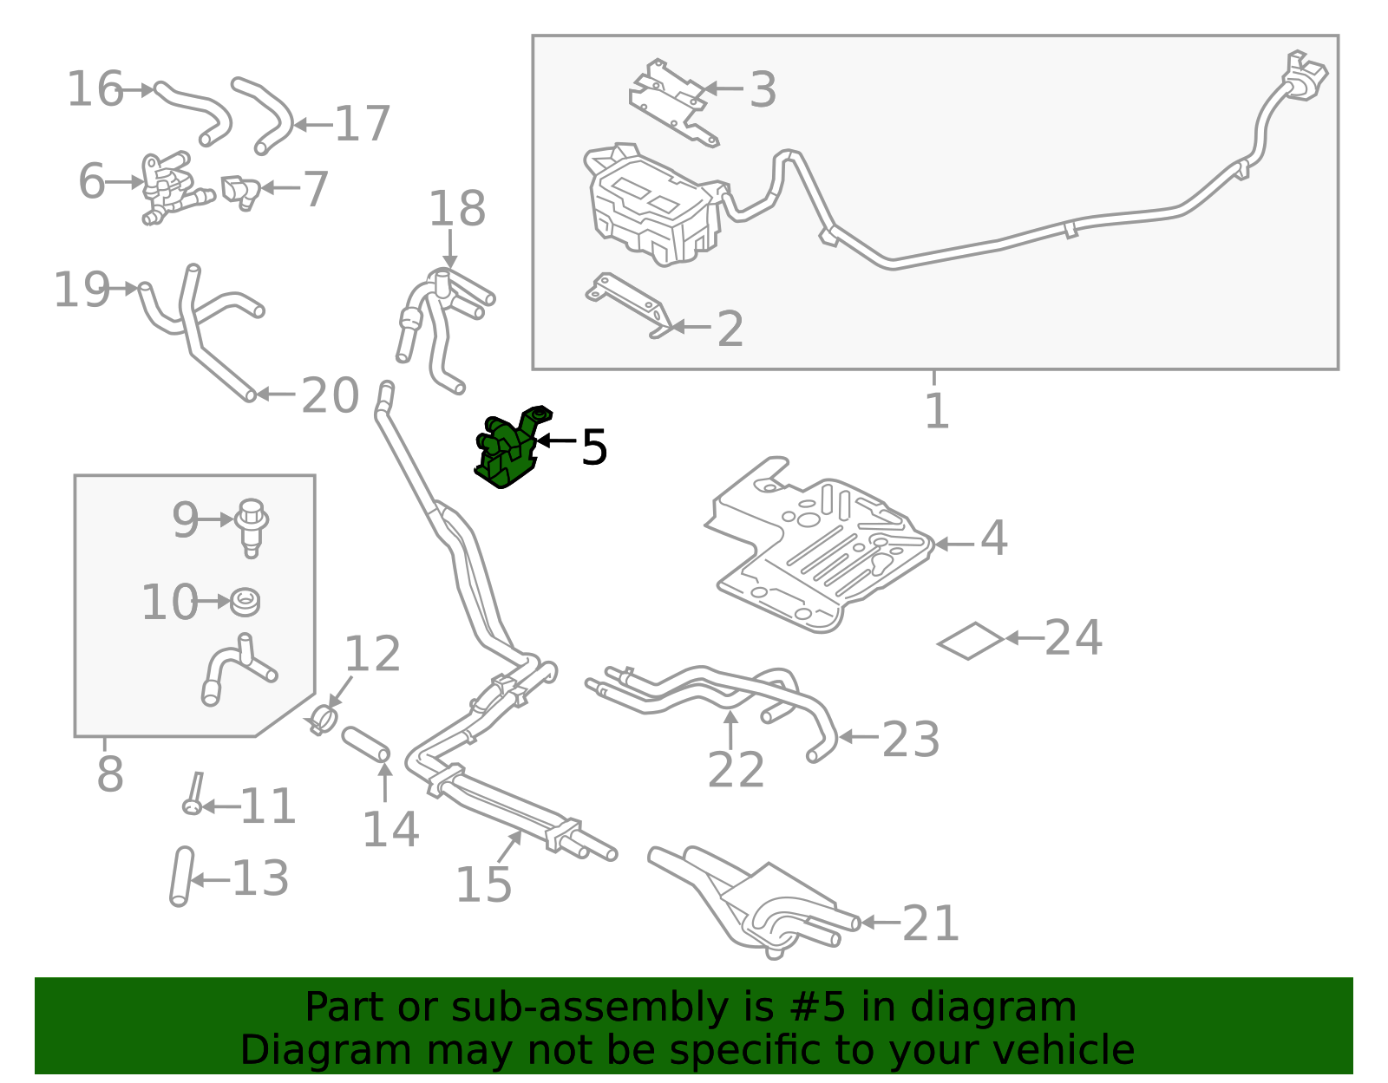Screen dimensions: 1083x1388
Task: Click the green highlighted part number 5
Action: pos(507,451)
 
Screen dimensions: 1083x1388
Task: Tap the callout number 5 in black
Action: pos(593,447)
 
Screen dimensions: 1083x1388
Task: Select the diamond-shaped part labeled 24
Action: pos(970,641)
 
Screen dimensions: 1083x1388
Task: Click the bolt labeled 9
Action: pos(251,525)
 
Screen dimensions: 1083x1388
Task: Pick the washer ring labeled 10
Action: pos(246,601)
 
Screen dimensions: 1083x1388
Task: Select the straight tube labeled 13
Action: pos(180,877)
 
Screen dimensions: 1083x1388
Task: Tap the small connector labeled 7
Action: pos(239,192)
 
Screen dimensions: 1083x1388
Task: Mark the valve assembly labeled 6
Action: pos(168,186)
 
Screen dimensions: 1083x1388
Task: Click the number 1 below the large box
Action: pos(936,411)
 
